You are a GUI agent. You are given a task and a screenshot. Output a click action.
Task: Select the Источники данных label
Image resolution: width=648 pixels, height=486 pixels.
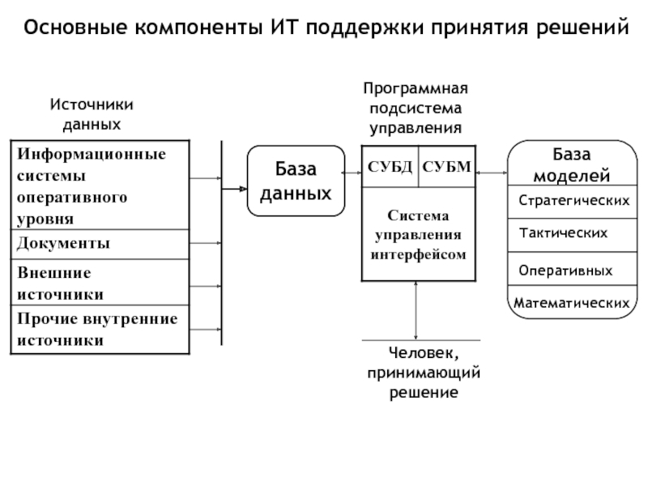tap(92, 114)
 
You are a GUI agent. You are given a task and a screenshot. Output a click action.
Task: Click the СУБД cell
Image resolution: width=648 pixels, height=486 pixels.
tap(390, 167)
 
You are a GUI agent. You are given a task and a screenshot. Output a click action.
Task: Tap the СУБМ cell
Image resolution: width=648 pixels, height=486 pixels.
tap(446, 167)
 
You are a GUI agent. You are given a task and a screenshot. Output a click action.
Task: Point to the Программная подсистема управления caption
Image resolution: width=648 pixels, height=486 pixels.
tap(416, 107)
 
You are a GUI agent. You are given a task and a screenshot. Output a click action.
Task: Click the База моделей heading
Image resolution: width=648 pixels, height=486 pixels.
tap(572, 164)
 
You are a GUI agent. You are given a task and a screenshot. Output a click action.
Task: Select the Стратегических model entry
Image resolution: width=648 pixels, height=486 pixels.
tap(573, 199)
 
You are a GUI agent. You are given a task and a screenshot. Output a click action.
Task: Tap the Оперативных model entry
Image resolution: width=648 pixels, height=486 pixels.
tap(565, 269)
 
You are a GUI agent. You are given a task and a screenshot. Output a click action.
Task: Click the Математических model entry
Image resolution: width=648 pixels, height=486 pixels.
tap(573, 303)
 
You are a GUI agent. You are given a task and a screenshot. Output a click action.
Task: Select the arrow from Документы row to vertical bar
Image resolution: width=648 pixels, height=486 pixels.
tap(206, 244)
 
